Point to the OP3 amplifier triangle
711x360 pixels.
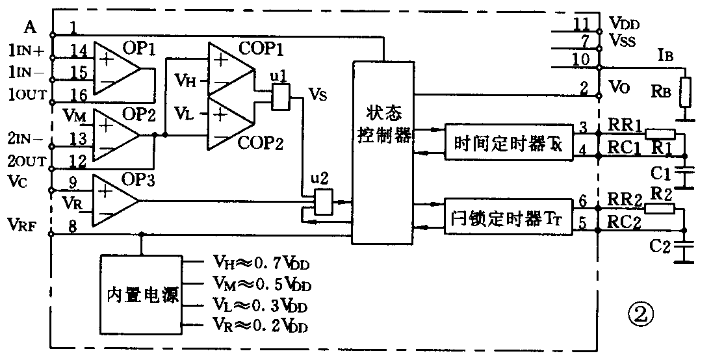114,200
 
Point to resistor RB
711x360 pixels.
684,92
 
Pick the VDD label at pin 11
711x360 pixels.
624,25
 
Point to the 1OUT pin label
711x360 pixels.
27,94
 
